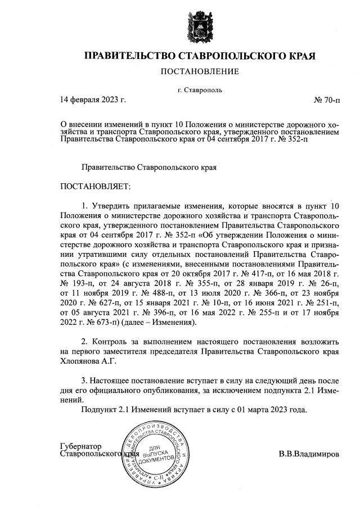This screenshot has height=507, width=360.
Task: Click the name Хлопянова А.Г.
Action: (x=83, y=362)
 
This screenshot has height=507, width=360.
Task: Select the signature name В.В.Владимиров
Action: (x=309, y=453)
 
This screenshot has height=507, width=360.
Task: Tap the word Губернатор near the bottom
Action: (x=79, y=446)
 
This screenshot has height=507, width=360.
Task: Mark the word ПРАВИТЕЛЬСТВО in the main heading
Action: (x=129, y=56)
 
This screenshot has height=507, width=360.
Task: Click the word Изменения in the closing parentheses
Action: (x=172, y=324)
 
